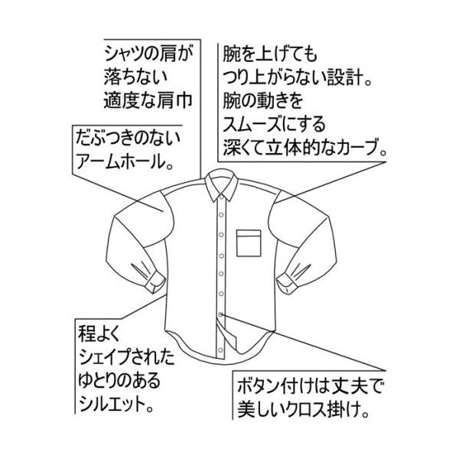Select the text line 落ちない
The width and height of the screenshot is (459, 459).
tap(133, 77)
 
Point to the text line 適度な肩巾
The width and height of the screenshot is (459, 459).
tap(145, 100)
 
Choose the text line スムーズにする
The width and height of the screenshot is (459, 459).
tap(275, 122)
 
